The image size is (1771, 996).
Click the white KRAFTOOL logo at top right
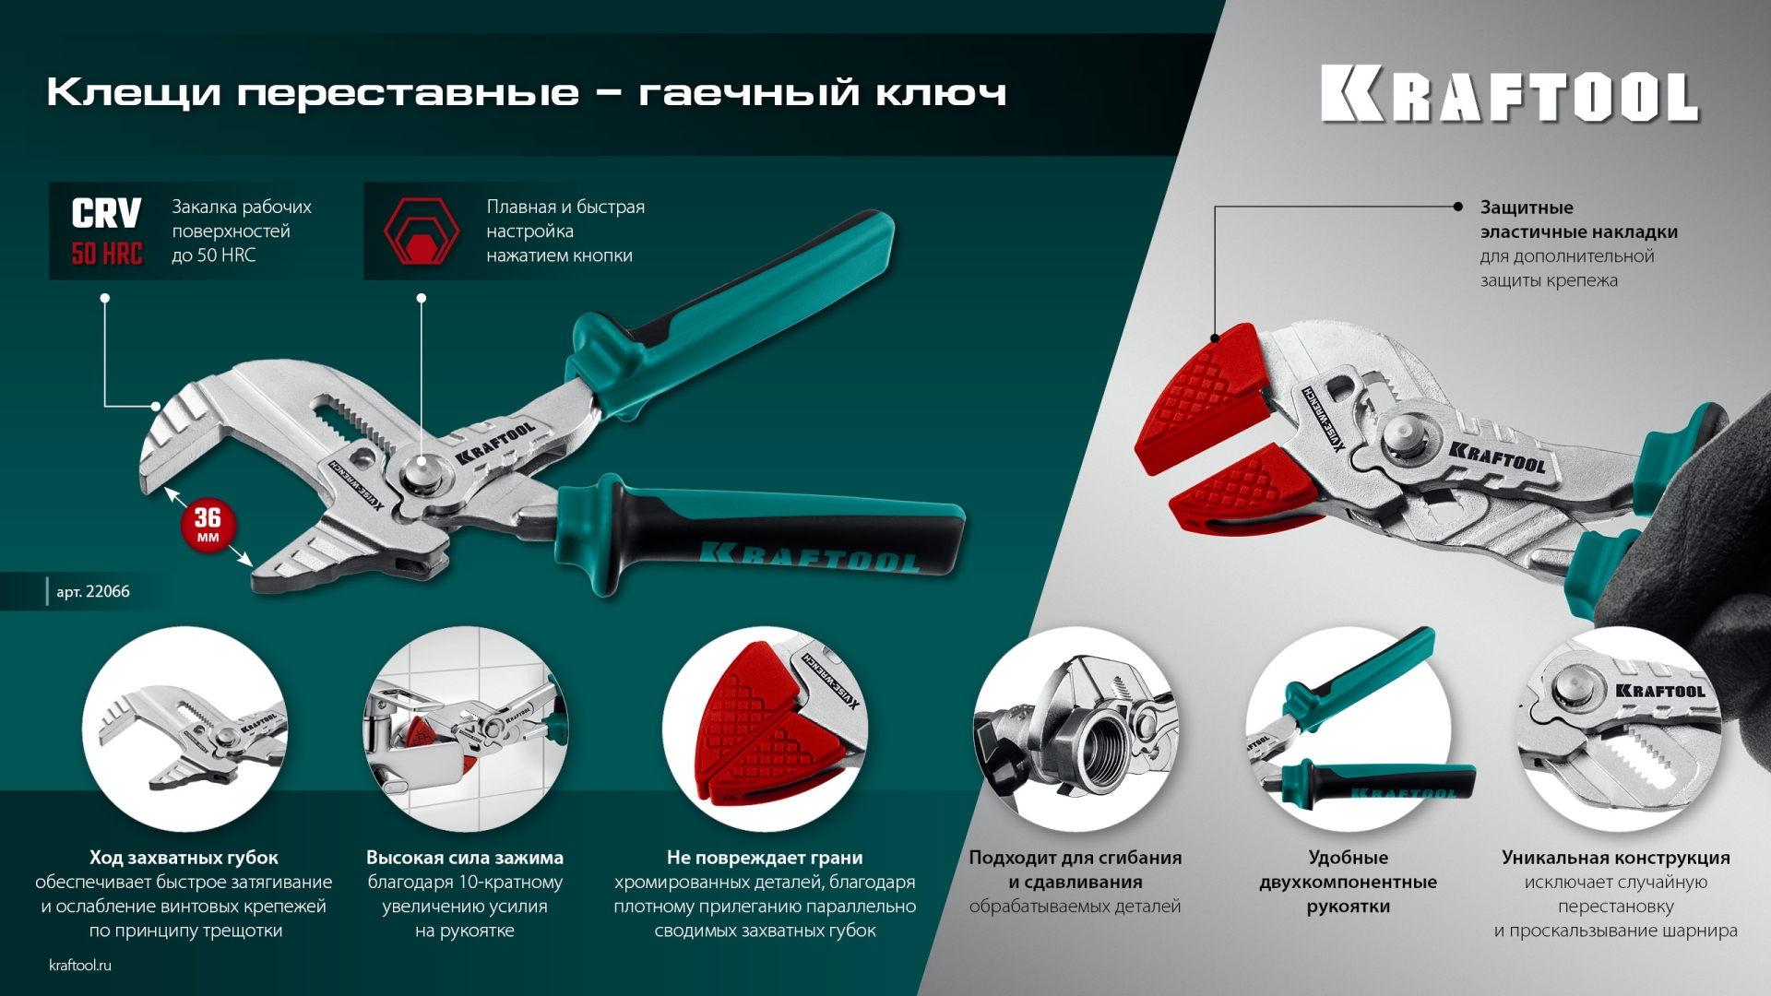(1509, 94)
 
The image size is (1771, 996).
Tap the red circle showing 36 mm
(208, 525)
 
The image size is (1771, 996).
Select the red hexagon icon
(421, 231)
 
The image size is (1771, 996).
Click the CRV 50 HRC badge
(107, 231)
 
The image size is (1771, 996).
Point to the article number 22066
(93, 591)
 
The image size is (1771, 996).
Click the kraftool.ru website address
(80, 965)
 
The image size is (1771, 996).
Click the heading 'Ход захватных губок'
(184, 858)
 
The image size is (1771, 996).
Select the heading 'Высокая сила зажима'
(465, 858)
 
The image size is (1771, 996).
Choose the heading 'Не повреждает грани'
(765, 858)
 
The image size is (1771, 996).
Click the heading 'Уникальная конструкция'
(1615, 858)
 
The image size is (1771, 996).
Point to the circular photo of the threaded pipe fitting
(1076, 729)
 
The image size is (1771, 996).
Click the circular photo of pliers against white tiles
(465, 729)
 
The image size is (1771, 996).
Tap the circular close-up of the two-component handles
(1349, 729)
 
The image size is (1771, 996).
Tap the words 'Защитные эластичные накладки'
(1578, 219)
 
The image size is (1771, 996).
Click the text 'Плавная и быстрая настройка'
(565, 219)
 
